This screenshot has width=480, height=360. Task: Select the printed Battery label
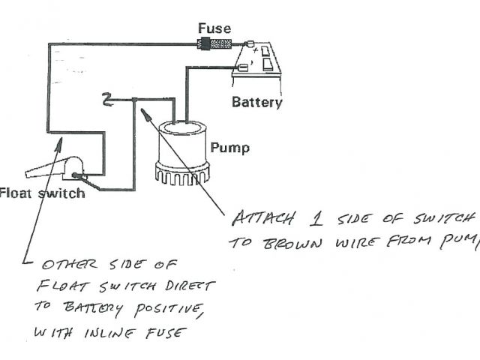[256, 102]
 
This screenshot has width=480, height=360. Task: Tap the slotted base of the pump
[183, 174]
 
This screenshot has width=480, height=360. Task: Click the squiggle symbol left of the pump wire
[106, 97]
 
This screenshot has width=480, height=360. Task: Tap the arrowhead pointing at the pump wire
[145, 114]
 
